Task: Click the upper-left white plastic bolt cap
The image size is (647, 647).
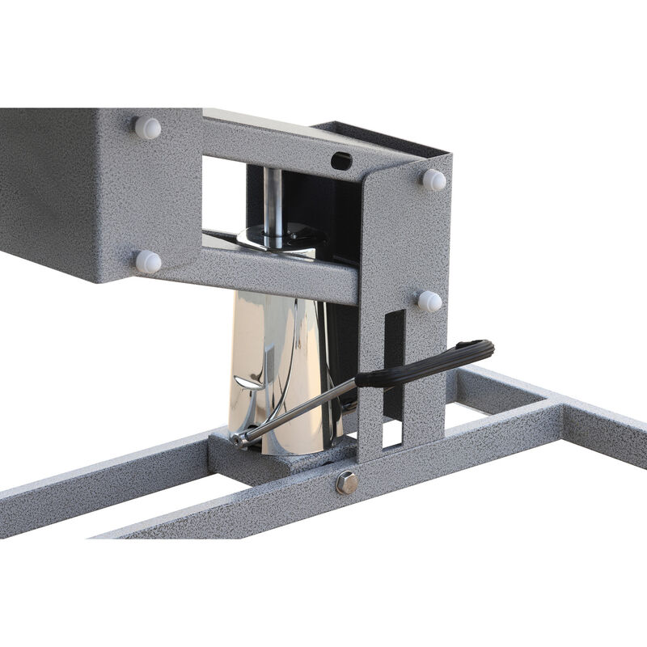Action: (147, 128)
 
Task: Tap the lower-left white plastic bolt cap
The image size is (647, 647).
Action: (147, 261)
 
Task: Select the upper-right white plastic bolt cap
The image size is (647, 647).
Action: (433, 180)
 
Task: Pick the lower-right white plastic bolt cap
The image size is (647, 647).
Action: (429, 301)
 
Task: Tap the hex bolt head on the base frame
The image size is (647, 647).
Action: (348, 483)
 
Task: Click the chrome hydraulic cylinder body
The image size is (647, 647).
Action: (275, 364)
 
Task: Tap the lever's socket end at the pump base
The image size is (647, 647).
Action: (239, 440)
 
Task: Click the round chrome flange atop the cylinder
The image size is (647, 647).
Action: (279, 239)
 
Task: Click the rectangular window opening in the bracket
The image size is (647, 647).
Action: (222, 194)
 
